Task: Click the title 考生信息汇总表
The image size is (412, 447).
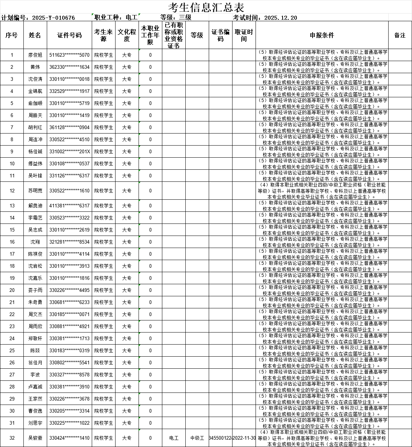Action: pyautogui.click(x=206, y=7)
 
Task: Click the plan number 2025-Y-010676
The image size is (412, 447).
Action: pyautogui.click(x=53, y=18)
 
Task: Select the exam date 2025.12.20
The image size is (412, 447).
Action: pyautogui.click(x=280, y=18)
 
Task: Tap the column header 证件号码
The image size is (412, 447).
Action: pyautogui.click(x=69, y=35)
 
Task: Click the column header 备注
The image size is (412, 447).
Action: pyautogui.click(x=400, y=35)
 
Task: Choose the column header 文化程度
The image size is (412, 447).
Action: pyautogui.click(x=127, y=35)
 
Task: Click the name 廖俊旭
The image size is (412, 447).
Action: pyautogui.click(x=35, y=55)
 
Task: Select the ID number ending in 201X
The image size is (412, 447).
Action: pyautogui.click(x=69, y=152)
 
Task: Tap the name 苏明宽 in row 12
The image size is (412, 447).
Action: pyautogui.click(x=35, y=191)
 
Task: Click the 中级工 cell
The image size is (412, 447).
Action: pyautogui.click(x=197, y=438)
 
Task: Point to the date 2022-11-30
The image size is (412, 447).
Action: pyautogui.click(x=244, y=438)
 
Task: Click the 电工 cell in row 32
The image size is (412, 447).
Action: pyautogui.click(x=174, y=438)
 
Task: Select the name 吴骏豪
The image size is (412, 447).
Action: pyautogui.click(x=35, y=438)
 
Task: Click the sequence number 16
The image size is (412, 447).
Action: pyautogui.click(x=12, y=242)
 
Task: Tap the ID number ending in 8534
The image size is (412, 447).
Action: pyautogui.click(x=69, y=242)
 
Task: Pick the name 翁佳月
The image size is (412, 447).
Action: pyautogui.click(x=35, y=363)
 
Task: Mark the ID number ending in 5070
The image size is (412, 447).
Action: pyautogui.click(x=69, y=55)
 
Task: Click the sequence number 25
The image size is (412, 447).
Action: pyautogui.click(x=12, y=351)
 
